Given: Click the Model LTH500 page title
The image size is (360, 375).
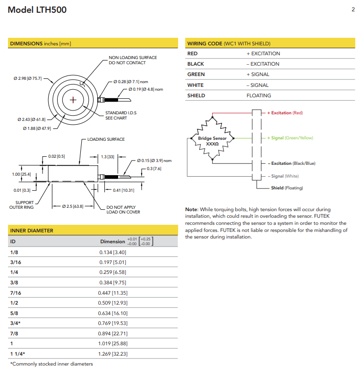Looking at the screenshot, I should (x=37, y=10).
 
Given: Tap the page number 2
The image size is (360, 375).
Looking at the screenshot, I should (x=353, y=9).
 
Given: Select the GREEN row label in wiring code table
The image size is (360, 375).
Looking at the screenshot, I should (x=196, y=75).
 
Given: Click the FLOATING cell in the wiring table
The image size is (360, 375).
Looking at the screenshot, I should (x=259, y=95).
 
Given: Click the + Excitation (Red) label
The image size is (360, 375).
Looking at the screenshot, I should (x=285, y=113).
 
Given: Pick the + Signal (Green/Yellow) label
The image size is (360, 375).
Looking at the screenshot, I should (x=290, y=138).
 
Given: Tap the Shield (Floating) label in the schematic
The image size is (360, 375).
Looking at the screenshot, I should (x=287, y=188).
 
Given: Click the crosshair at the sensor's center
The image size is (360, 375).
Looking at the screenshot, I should (x=73, y=100).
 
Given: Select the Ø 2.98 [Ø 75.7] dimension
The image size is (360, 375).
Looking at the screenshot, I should (x=28, y=78).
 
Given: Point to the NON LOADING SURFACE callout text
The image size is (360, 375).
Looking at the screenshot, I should (x=133, y=60).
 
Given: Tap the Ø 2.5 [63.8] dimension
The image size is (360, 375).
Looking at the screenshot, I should (x=73, y=206).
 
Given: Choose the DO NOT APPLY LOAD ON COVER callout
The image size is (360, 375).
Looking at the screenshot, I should (x=123, y=210).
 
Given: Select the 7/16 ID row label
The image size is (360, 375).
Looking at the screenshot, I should (x=15, y=293).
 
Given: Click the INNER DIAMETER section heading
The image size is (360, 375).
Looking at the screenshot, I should (x=32, y=230).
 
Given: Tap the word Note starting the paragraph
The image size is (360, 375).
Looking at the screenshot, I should (x=192, y=209).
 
